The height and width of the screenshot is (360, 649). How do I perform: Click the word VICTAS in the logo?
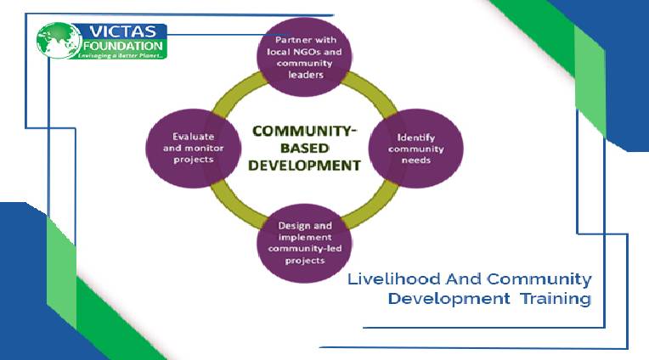pos(117,32)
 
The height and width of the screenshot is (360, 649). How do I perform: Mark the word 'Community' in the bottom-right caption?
pos(539,279)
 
